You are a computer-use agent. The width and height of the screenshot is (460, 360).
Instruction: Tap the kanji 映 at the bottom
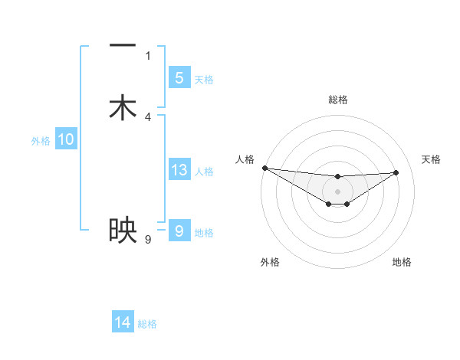[123, 230]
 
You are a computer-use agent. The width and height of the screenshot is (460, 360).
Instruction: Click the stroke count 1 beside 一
[148, 55]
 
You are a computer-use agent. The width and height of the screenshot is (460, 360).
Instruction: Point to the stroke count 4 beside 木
[148, 117]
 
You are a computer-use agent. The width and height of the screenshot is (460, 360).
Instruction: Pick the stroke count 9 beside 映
[148, 240]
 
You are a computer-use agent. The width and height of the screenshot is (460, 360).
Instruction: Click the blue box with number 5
[179, 78]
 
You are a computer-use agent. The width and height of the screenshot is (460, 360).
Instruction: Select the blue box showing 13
[179, 170]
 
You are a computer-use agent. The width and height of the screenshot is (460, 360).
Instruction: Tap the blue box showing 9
[179, 231]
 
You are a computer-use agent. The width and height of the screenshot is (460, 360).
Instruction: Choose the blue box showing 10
[66, 139]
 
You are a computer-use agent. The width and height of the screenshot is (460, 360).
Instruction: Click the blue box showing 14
[123, 323]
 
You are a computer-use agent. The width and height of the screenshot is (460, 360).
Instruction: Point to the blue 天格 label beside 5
[204, 80]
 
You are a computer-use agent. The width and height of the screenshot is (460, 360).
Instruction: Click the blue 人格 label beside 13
[204, 172]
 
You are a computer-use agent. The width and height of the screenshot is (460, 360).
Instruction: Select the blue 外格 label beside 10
[41, 141]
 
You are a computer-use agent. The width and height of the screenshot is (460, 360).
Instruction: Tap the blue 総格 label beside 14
[147, 325]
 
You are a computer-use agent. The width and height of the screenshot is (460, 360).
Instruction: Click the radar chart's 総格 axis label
[337, 100]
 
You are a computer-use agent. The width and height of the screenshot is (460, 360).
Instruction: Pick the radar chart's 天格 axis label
[431, 159]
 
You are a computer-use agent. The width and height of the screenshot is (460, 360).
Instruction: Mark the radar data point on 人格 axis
[264, 168]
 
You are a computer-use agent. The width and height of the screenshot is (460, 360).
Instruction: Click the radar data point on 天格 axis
[396, 172]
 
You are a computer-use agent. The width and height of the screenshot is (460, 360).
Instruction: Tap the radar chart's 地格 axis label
[402, 262]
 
